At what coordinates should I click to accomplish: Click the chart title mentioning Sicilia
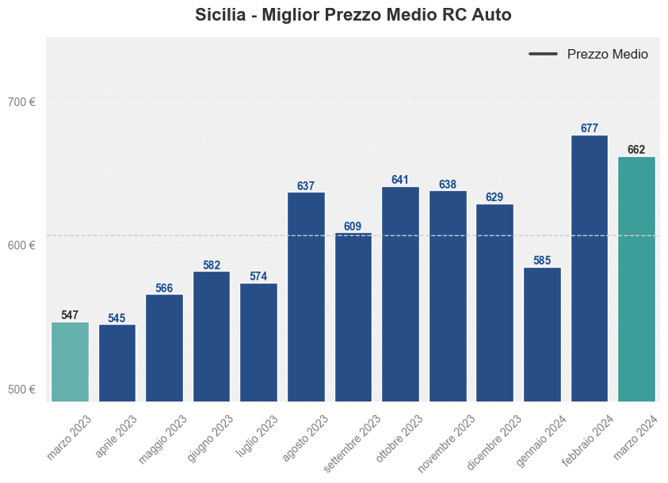tap(353, 15)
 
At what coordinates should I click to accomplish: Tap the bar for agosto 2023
tap(306, 297)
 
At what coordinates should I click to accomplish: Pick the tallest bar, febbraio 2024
tap(590, 268)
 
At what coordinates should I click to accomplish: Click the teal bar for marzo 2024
tap(636, 279)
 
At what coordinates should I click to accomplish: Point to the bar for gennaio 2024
tap(542, 334)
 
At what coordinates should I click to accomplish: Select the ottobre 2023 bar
tap(400, 295)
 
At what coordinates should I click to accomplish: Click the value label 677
tap(590, 128)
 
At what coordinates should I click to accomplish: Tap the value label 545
tap(116, 318)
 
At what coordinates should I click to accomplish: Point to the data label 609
tap(353, 226)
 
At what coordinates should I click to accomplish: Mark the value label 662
tap(636, 150)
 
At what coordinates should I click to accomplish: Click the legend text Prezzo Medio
tap(608, 55)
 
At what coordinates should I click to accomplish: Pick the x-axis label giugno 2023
tap(211, 438)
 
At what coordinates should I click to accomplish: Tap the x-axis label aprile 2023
tap(116, 436)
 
